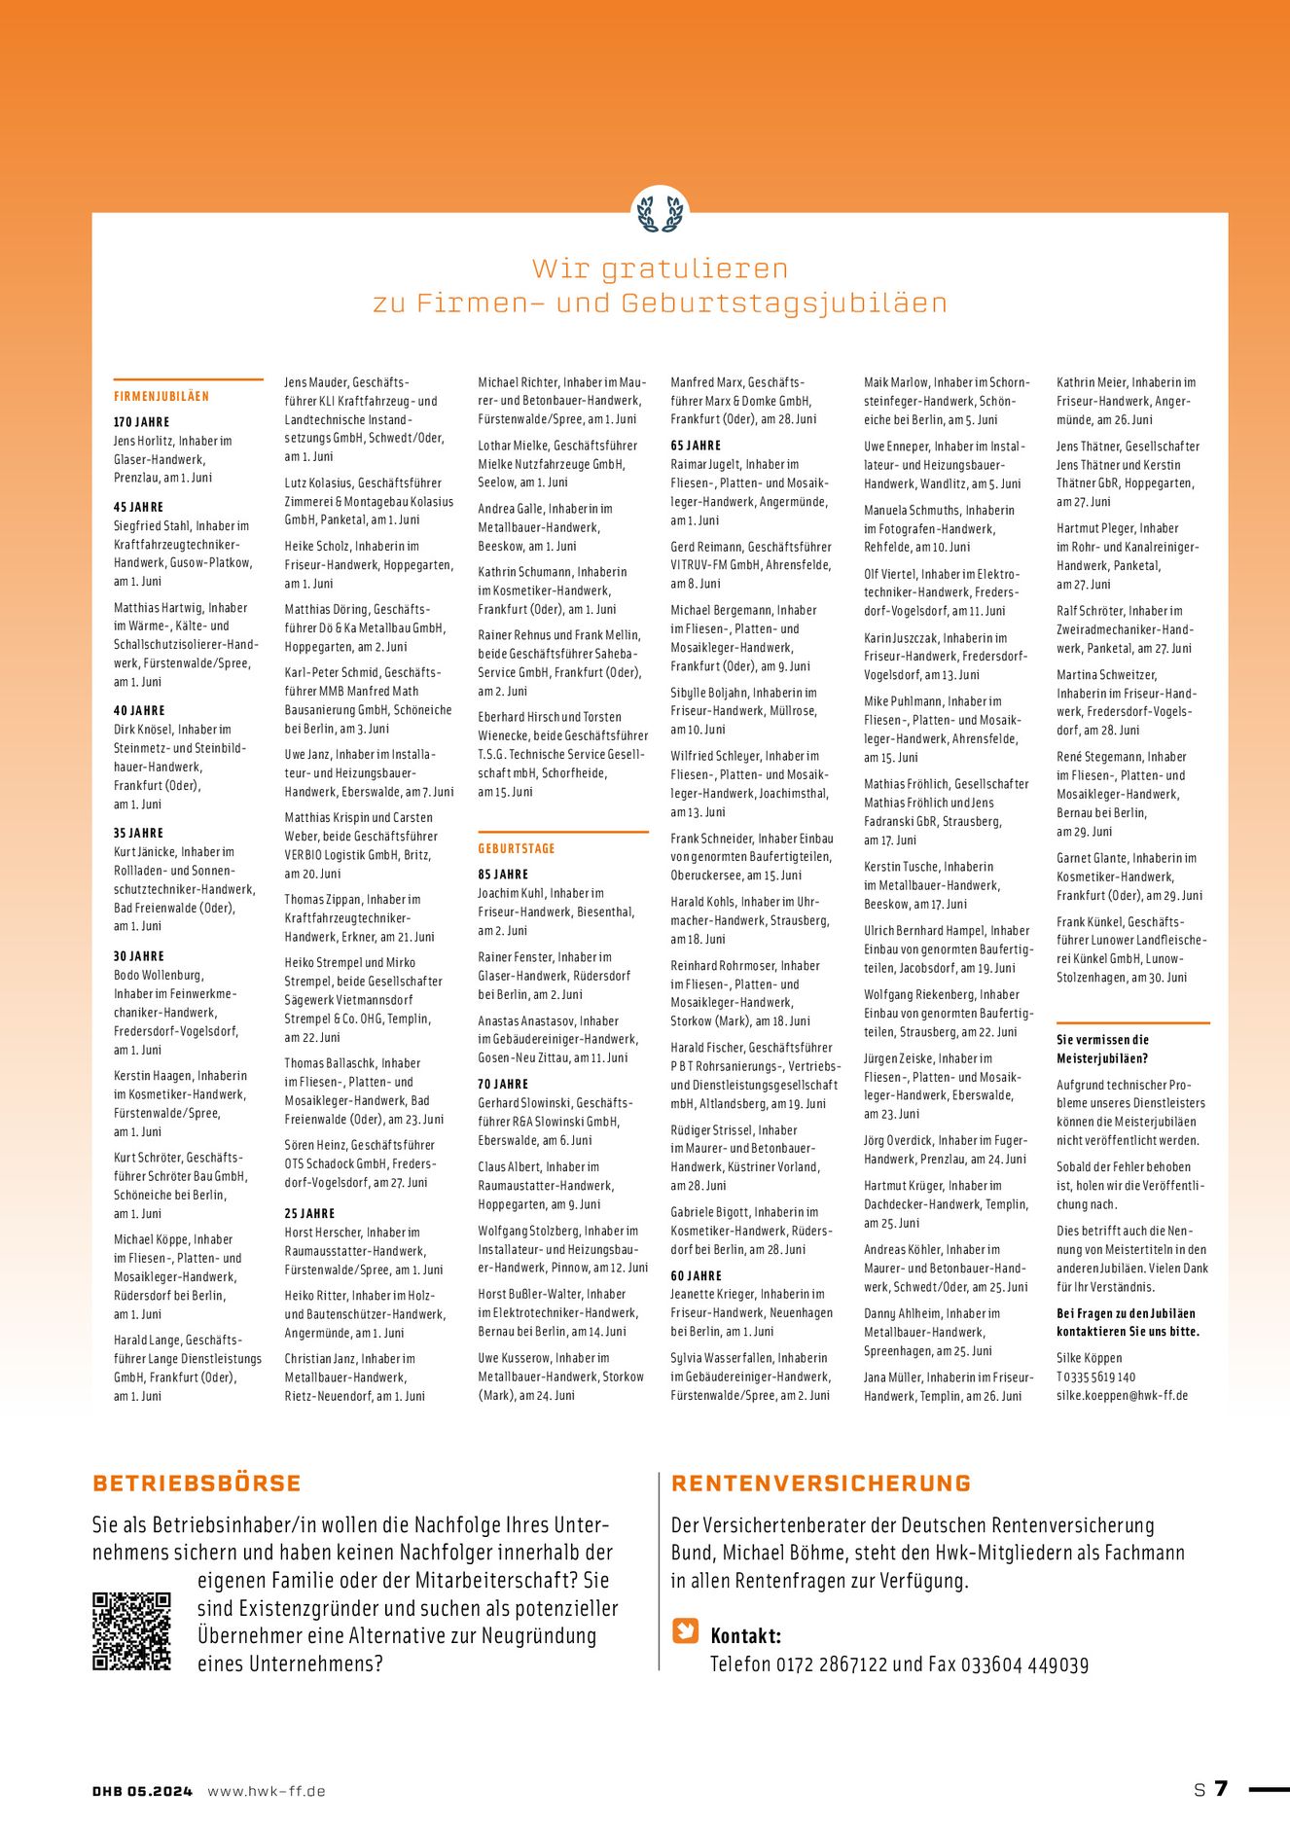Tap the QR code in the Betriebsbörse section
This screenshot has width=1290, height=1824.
coord(131,1631)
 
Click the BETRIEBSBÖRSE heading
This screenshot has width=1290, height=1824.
coord(197,1484)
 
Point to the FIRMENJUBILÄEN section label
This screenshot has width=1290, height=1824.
coord(161,397)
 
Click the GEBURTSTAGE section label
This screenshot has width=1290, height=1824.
coord(517,849)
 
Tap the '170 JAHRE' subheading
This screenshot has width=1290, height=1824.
coord(142,422)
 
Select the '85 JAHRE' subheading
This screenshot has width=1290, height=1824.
coord(503,875)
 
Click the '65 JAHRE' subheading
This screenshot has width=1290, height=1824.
coord(696,446)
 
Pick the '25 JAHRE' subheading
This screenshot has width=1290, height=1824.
coord(309,1214)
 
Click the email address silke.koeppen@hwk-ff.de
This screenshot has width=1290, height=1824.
coord(1122,1395)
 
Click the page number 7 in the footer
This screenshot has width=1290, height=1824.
coord(1221,1789)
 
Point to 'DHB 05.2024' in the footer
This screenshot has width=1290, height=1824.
coord(143,1791)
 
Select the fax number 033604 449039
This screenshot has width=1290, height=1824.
coord(1024,1664)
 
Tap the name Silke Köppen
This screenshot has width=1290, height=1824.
coord(1090,1358)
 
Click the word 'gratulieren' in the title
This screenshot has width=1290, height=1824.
coord(694,268)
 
